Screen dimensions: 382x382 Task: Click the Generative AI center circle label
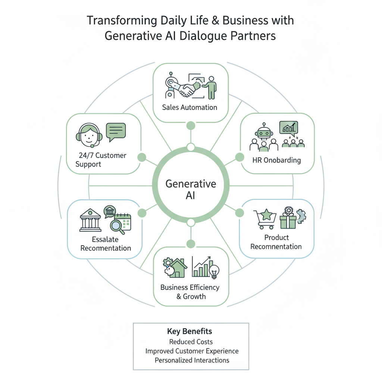click(x=191, y=190)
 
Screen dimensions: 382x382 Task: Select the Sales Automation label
click(x=190, y=107)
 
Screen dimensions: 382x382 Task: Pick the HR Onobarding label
click(x=277, y=161)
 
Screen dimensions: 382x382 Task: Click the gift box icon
click(x=287, y=220)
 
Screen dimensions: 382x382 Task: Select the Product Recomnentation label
click(x=276, y=242)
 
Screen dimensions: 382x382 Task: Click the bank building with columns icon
click(x=90, y=221)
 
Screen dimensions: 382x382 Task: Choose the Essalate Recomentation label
click(x=106, y=244)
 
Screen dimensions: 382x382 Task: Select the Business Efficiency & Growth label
click(x=190, y=292)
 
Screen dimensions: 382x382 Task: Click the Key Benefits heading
click(x=190, y=331)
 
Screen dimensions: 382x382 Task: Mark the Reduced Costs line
click(x=191, y=342)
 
